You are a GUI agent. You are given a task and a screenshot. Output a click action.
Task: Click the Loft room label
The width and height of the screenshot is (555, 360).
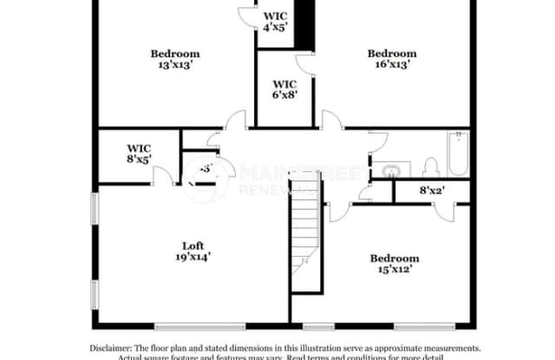193,245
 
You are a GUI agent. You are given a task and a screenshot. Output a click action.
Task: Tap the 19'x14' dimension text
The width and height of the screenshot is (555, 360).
193,257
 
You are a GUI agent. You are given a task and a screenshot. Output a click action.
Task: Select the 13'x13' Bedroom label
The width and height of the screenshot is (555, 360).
174,53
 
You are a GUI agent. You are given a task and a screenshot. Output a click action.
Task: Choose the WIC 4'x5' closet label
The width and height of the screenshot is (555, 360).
275,21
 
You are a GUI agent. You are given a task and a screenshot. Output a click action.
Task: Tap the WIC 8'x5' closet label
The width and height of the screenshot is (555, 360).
139,154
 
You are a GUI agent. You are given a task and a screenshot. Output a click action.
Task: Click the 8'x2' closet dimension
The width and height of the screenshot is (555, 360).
431,190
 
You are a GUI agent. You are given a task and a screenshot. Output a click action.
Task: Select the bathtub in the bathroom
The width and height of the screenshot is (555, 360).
458,154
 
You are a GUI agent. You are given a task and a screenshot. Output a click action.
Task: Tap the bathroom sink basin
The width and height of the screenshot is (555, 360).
391,167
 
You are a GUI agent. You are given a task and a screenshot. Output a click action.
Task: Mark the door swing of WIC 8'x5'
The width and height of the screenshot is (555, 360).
161,175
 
